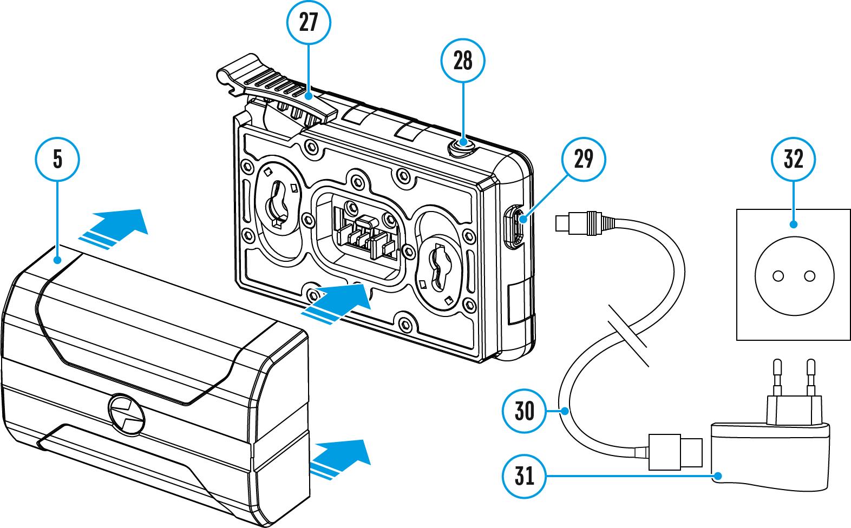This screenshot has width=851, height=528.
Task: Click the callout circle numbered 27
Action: [x=309, y=22]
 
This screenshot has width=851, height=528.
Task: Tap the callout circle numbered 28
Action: [x=463, y=61]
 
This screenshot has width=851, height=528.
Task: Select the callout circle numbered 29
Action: [x=584, y=159]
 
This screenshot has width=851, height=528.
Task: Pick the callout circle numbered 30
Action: [x=524, y=411]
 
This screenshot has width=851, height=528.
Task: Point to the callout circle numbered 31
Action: [x=524, y=476]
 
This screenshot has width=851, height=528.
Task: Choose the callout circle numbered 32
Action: [x=793, y=159]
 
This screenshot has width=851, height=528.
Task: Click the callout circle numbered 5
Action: [x=57, y=159]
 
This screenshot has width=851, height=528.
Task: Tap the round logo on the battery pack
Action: [x=127, y=414]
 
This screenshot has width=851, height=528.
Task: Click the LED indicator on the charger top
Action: [x=462, y=147]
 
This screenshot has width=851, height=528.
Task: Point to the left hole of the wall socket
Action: [x=778, y=276]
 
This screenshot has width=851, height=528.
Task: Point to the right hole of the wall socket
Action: [x=809, y=276]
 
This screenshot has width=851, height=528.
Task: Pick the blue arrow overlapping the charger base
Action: [x=336, y=304]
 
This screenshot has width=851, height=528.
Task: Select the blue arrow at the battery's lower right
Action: [x=339, y=459]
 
